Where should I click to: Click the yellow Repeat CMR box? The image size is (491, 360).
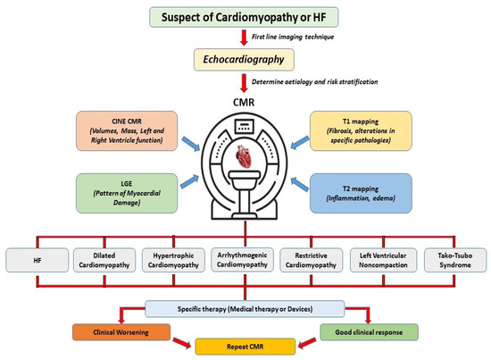246,344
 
